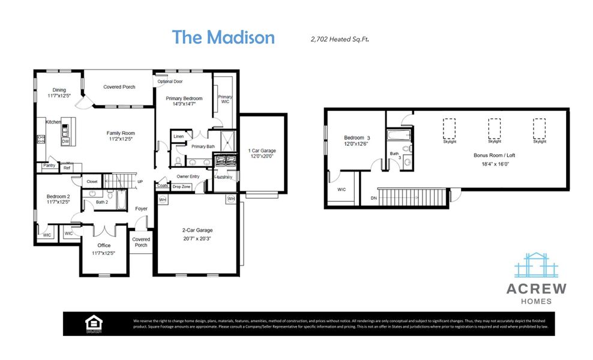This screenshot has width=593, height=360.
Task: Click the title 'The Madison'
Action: pyautogui.click(x=223, y=37)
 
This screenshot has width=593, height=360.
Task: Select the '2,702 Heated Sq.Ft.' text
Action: pyautogui.click(x=339, y=39)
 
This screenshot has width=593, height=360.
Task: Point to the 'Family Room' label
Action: pyautogui.click(x=121, y=133)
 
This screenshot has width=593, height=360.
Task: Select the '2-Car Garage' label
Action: pyautogui.click(x=197, y=230)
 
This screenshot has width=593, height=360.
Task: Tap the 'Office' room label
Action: pyautogui.click(x=104, y=245)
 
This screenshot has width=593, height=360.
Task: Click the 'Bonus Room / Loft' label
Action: pyautogui.click(x=490, y=155)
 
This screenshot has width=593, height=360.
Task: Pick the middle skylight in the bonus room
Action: pyautogui.click(x=494, y=128)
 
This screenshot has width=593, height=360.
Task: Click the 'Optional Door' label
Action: pyautogui.click(x=170, y=82)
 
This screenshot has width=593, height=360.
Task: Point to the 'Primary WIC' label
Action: pyautogui.click(x=225, y=99)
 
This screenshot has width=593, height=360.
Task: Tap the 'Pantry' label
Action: pyautogui.click(x=49, y=165)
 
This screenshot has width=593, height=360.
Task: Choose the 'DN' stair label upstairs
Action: pyautogui.click(x=374, y=197)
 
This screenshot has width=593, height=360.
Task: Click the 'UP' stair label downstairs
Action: pyautogui.click(x=140, y=181)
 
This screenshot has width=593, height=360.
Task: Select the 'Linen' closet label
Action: pyautogui.click(x=178, y=137)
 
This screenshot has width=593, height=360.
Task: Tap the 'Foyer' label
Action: pyautogui.click(x=140, y=209)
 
